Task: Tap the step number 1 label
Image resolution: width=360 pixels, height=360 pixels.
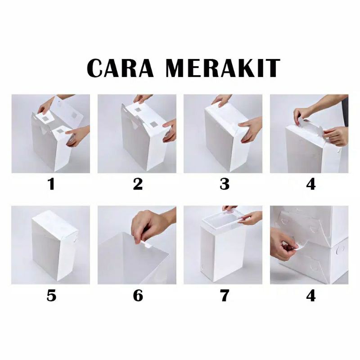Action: coord(51,184)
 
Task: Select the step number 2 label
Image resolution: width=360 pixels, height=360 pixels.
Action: coord(137,184)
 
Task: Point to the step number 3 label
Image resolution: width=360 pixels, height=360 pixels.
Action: coord(224,184)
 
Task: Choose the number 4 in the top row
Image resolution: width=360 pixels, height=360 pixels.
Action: coord(310,184)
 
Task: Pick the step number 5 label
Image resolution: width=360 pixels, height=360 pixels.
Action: coord(51,296)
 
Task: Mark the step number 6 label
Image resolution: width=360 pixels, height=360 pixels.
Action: coord(137,296)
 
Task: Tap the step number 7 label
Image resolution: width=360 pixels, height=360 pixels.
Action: coord(224,296)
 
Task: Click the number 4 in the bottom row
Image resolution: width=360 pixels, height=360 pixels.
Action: coord(310,296)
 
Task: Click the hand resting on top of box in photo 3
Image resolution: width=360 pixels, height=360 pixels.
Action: coord(222,100)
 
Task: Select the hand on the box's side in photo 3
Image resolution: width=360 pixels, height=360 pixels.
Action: coord(250,129)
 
